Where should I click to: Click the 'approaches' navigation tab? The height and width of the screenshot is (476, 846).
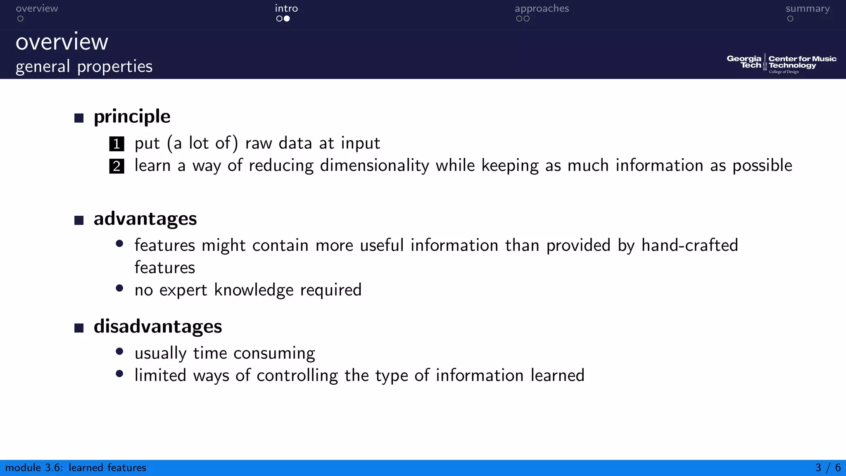542,9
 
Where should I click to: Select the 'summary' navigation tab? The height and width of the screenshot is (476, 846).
807,9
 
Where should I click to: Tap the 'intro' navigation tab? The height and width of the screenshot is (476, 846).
286,9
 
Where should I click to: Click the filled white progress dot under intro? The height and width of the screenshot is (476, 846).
287,19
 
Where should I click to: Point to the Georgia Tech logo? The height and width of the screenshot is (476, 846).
781,64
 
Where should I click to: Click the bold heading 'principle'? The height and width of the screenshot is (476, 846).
132,117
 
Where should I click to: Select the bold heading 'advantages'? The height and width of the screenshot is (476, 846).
145,219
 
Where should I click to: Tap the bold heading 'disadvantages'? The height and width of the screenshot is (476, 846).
158,326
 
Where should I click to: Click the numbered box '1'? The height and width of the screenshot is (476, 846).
116,144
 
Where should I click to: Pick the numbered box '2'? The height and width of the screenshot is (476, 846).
116,166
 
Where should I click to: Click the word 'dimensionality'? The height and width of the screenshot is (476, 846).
374,166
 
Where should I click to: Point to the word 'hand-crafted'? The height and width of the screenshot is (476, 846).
689,245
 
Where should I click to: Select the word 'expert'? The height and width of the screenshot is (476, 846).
183,290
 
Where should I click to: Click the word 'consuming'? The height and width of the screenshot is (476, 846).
274,354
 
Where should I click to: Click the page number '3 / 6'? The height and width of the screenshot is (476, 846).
828,468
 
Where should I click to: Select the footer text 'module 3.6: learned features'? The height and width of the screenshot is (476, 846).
76,468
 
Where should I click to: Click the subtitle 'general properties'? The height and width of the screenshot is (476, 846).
84,67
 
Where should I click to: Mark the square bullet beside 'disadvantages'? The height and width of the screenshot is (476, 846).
79,328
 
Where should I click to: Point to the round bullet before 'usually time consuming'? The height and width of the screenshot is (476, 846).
120,352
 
